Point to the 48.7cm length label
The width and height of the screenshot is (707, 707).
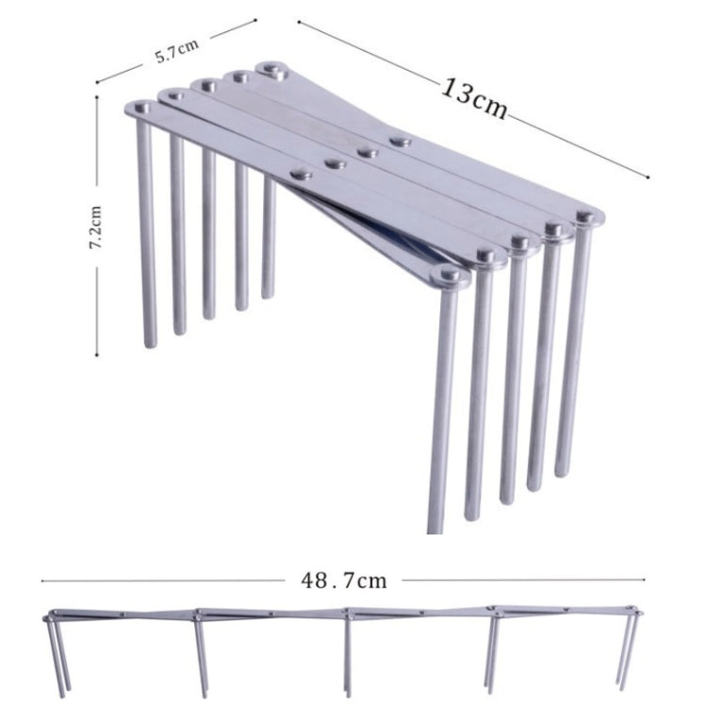343,580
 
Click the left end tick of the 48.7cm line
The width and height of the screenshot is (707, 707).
41,581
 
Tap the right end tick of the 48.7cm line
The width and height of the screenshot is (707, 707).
645,581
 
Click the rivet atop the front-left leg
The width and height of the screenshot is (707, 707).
141,109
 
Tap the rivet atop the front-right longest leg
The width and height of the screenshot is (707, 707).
450,276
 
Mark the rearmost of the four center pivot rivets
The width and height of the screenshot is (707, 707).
401,142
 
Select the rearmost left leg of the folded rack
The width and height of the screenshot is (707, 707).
269,236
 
